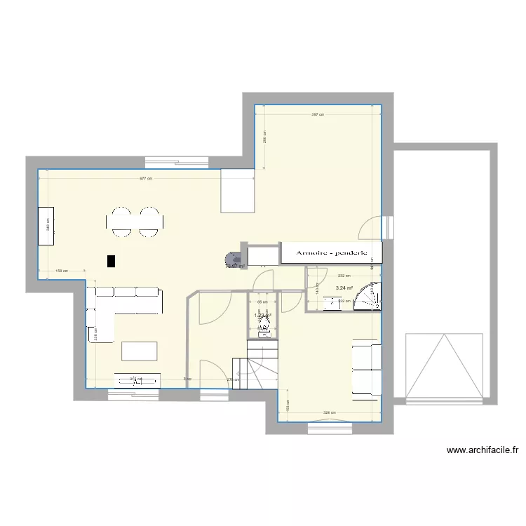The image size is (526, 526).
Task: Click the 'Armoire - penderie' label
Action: pos(330,252)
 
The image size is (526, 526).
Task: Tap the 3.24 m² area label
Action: pos(344,288)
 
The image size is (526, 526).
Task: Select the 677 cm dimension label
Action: pos(146,179)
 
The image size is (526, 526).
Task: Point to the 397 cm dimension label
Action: pos(318,115)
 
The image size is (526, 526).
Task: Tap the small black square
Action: pos(110,261)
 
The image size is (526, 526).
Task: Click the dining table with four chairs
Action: pos(135,222)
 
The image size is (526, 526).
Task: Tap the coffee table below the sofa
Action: pos(140,351)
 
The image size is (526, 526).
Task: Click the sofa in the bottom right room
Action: pos(367,369)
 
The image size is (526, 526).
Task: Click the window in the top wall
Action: pos(177,163)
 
